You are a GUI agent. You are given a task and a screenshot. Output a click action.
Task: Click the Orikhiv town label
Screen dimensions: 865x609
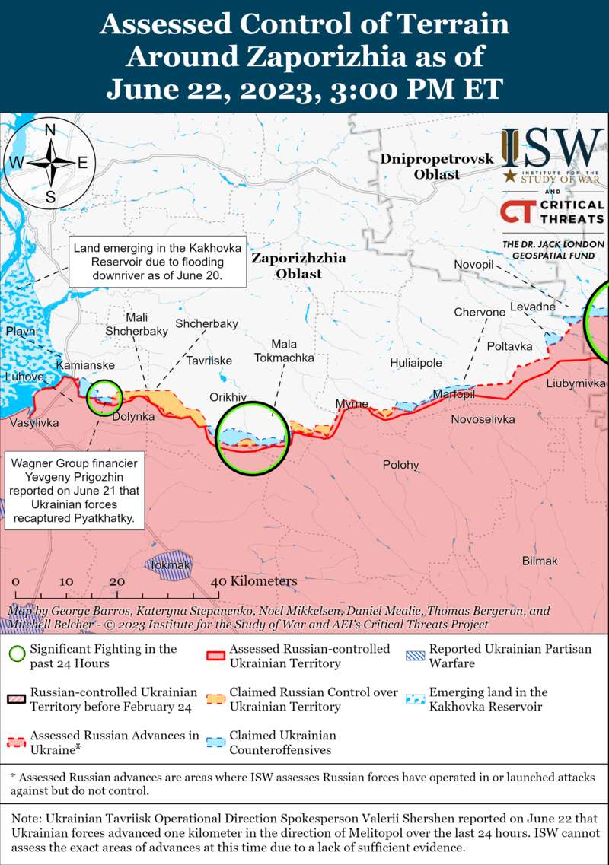[x=228, y=397]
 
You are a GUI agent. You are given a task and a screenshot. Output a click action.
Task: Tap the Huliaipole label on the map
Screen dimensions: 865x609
[x=416, y=363]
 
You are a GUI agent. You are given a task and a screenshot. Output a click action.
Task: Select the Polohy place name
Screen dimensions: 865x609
[x=400, y=465]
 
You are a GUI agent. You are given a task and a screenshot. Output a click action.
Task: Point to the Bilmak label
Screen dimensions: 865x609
[x=540, y=561]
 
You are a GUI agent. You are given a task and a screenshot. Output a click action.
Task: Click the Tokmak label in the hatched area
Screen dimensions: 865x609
[x=168, y=565]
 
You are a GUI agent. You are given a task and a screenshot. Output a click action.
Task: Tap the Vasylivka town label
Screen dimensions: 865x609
[x=34, y=422]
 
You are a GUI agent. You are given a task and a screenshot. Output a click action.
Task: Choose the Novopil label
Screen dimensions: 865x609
[x=474, y=264]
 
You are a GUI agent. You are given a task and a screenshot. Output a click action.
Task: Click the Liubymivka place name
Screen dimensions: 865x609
[x=576, y=383]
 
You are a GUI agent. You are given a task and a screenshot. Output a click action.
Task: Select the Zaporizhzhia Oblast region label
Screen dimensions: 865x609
[x=298, y=266]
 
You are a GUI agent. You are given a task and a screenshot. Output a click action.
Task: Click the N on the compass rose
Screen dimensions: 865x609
[x=50, y=130]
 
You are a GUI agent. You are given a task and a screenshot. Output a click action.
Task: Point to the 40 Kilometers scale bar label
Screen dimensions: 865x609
[x=254, y=581]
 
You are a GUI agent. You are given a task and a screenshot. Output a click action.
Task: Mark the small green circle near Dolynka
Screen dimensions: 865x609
[x=104, y=397]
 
